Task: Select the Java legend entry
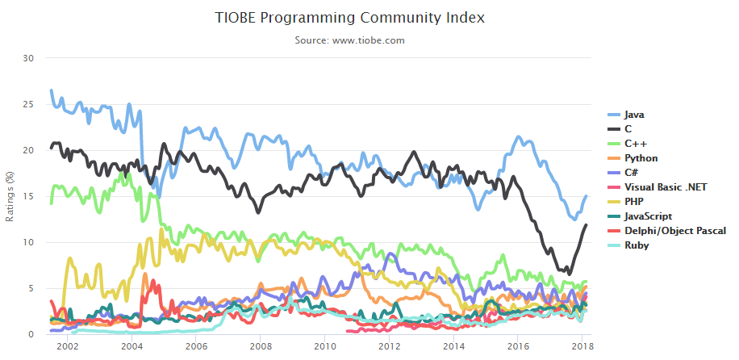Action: point(633,115)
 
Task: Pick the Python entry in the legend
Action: point(641,158)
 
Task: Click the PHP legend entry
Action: point(634,202)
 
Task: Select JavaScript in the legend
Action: point(648,216)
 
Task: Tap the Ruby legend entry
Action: point(636,245)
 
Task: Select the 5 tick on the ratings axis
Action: point(31,288)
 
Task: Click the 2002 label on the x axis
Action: point(67,346)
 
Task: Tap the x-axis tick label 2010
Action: point(325,346)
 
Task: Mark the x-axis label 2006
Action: point(196,346)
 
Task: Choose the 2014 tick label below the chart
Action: point(454,346)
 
